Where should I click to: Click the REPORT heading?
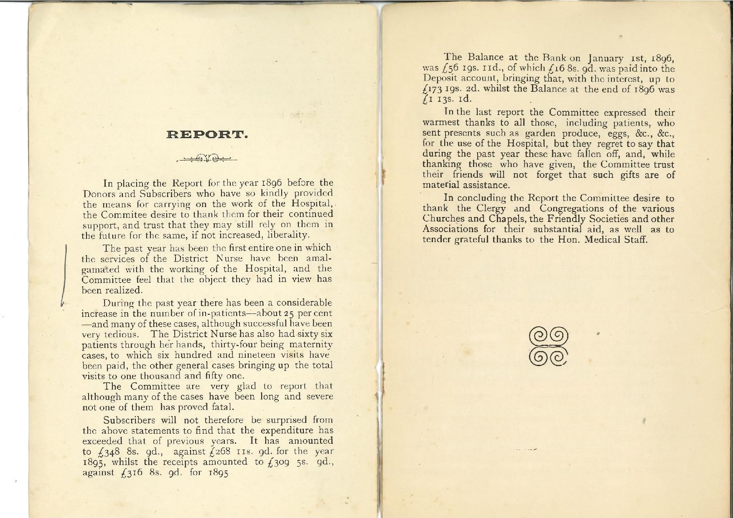208,135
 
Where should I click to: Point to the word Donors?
97,194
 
